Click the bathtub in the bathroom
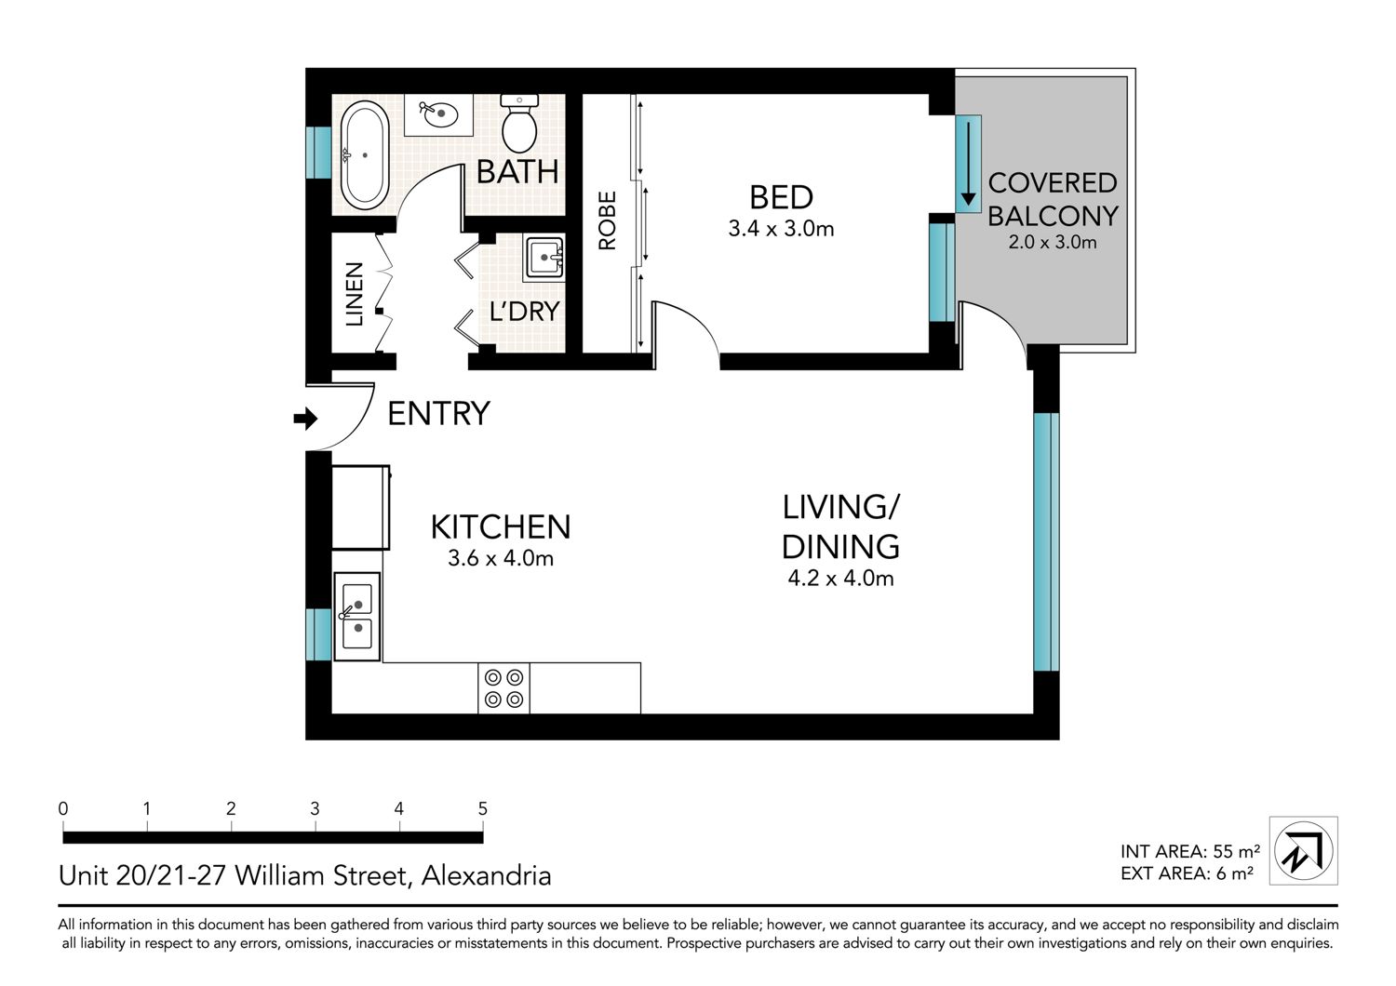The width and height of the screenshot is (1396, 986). coord(365,155)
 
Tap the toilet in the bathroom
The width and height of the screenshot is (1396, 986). coord(519,124)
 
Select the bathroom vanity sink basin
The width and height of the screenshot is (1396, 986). coord(438,114)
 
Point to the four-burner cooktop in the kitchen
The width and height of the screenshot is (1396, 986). coord(503,687)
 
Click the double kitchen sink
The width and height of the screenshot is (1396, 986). coord(357,616)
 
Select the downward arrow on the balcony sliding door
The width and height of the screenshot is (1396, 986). coord(968,164)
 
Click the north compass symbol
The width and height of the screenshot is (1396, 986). coord(1303,850)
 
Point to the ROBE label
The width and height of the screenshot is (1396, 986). coord(607,220)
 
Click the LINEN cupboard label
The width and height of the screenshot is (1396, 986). coord(354,294)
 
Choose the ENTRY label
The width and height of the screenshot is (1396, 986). coord(438,414)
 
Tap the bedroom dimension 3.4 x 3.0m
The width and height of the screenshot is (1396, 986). coord(781,229)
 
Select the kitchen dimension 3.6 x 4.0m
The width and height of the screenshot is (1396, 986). coord(501,558)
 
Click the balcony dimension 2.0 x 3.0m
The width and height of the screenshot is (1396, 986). coord(1052,242)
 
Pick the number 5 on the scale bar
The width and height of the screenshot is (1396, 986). coord(482,808)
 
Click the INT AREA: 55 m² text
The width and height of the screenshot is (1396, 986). coord(1189,851)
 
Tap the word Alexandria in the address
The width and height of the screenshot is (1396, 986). coord(486,875)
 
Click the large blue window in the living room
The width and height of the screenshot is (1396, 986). coord(1046,542)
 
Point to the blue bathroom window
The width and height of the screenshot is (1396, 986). coord(318,153)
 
